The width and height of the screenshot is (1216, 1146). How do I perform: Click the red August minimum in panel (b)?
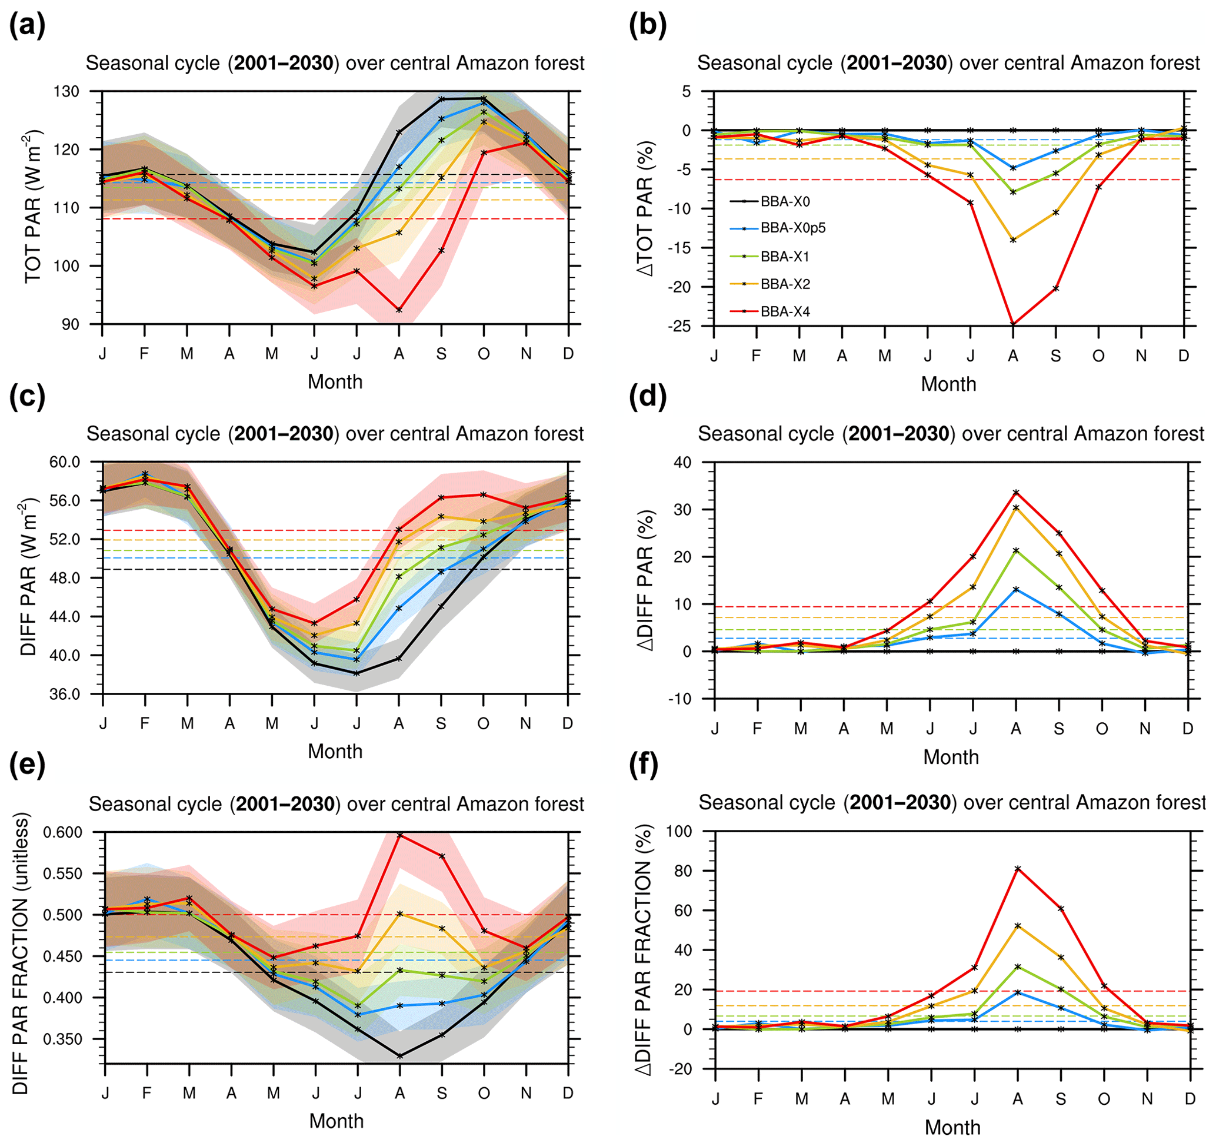(x=1013, y=324)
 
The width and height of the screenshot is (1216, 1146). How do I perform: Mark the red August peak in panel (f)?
(x=1017, y=868)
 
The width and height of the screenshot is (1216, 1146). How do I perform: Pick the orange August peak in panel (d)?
(x=1016, y=507)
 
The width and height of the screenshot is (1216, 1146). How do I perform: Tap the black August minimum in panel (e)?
(x=399, y=1055)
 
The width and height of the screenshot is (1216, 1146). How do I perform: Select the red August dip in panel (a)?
(x=399, y=310)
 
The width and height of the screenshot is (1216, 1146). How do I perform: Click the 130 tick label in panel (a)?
(x=66, y=92)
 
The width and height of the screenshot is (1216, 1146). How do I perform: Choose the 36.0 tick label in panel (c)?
(x=64, y=694)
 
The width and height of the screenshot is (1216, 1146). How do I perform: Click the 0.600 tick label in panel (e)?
(x=62, y=832)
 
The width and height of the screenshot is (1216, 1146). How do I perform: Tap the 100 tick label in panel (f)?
(x=679, y=832)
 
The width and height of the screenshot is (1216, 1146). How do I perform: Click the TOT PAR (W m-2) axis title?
(x=33, y=206)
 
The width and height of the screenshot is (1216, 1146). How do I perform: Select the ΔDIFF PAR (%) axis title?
(x=645, y=580)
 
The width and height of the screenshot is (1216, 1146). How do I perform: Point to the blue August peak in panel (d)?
(x=1016, y=589)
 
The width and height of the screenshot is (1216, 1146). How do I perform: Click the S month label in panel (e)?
(x=442, y=1093)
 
